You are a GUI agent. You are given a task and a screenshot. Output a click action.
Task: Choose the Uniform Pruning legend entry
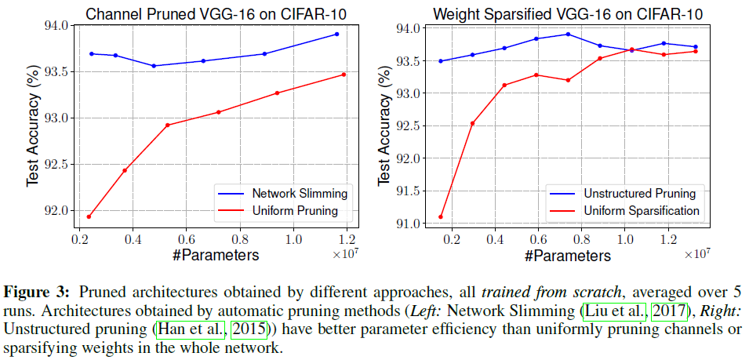coord(295,211)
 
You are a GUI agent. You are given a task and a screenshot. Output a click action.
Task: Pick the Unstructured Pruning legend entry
coord(640,193)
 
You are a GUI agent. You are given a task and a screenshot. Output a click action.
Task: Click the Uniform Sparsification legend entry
coord(642,211)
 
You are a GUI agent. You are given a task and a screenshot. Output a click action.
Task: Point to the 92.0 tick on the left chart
coord(56,210)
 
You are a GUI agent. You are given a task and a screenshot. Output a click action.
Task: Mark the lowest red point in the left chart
coord(89,216)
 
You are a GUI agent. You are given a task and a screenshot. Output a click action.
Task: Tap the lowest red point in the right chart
coord(440,217)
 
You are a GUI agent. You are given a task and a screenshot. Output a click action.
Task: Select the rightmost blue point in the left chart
coord(336,34)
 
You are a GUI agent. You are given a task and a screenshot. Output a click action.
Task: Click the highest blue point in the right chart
coord(568,34)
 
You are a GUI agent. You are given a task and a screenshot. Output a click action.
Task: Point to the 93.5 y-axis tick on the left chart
coord(56,71)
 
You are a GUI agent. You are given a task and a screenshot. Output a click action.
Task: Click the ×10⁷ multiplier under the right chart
coord(696,254)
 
